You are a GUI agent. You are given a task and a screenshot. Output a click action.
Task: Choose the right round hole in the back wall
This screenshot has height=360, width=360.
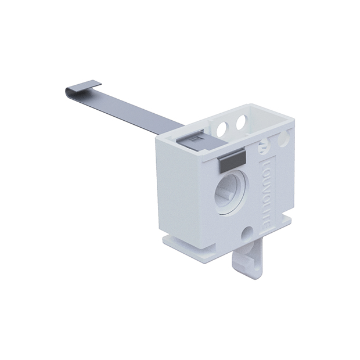tap(237, 123)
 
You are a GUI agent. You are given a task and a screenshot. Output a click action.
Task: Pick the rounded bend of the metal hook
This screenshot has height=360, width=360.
tap(65, 93)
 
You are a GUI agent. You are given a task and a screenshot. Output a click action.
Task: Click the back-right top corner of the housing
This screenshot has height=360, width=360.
tap(292, 121)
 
